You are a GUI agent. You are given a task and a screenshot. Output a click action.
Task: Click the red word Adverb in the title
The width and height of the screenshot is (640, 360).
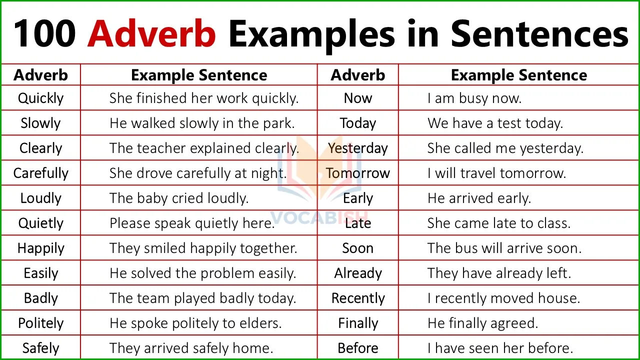click(x=151, y=34)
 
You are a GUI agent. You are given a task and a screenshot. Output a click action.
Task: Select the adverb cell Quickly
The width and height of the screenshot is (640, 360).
click(x=40, y=98)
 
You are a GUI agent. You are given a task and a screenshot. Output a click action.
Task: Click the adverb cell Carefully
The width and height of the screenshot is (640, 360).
click(x=40, y=173)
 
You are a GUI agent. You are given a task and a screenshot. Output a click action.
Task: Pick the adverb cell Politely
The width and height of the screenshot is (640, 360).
click(x=40, y=323)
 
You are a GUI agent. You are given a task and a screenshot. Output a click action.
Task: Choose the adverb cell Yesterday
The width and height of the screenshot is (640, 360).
click(x=358, y=148)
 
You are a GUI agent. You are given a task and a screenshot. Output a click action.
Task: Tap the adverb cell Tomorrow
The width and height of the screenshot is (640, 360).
click(x=358, y=173)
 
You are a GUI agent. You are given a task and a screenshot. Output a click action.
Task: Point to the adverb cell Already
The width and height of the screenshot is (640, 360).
click(x=358, y=273)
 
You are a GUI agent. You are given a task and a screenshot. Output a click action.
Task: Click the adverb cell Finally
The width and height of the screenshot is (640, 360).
click(x=358, y=323)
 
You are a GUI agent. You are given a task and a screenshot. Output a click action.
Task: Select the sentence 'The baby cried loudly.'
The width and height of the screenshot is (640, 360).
click(x=178, y=198)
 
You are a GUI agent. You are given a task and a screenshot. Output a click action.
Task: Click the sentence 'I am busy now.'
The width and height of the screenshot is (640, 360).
click(x=474, y=98)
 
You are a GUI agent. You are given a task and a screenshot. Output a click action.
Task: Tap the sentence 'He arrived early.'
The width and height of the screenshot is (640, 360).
click(x=479, y=198)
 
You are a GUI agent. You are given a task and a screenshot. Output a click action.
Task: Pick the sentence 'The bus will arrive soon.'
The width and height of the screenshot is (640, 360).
click(x=504, y=248)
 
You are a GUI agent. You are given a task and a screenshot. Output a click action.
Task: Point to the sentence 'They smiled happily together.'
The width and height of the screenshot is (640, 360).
click(x=203, y=248)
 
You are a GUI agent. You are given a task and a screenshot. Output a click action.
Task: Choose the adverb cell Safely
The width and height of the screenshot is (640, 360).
click(x=40, y=348)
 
